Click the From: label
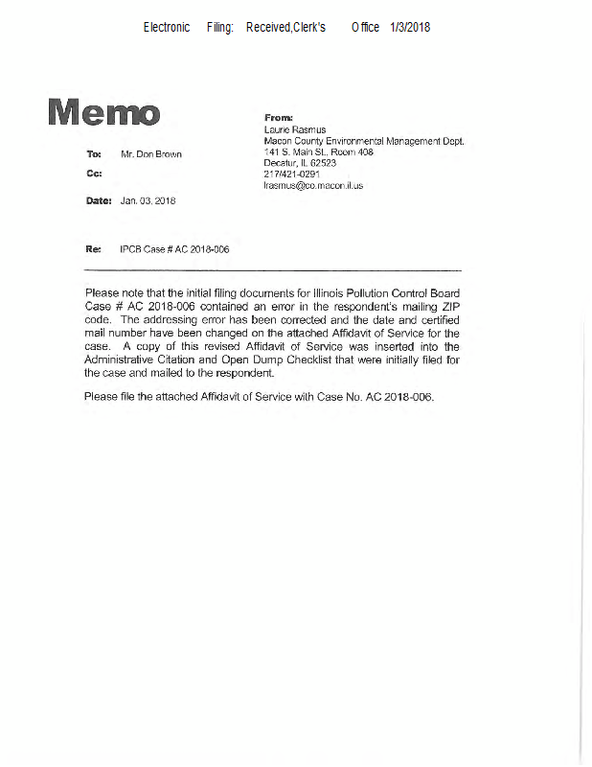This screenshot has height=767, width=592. click(x=277, y=117)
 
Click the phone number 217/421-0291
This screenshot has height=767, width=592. click(x=292, y=174)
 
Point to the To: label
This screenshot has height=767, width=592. click(x=94, y=153)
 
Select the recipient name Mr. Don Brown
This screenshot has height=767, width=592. click(x=150, y=153)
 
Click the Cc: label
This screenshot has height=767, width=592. click(x=94, y=174)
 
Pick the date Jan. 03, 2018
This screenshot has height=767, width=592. click(x=148, y=201)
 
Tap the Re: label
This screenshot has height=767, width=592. click(x=93, y=249)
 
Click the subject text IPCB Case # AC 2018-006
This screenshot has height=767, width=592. click(x=174, y=249)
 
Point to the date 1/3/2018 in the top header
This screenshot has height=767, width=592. click(x=410, y=27)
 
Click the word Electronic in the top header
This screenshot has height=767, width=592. click(x=167, y=27)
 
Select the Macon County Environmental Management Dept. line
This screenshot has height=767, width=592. click(x=363, y=140)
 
